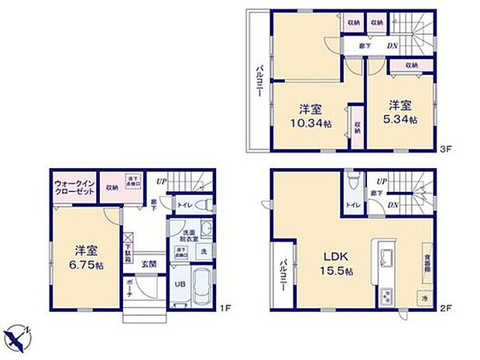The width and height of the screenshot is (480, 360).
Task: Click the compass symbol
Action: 17,337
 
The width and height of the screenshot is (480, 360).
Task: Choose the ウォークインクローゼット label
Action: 74,189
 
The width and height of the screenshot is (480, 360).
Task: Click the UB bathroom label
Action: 179,283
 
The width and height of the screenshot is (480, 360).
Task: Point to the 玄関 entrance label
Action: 149,263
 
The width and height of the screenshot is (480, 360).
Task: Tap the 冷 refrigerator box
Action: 424,296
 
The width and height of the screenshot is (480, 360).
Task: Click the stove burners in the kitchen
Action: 386,295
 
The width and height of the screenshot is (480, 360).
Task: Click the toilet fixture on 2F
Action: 354,183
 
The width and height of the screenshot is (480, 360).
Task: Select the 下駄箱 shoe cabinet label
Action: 129,250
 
